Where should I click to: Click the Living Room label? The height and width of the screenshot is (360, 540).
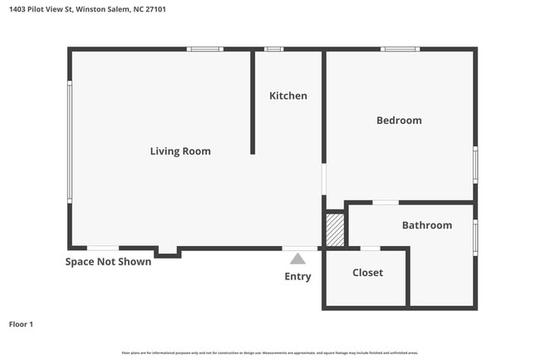click(x=180, y=151)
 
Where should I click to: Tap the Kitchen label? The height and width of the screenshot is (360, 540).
click(x=288, y=96)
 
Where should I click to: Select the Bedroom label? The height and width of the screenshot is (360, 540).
click(x=399, y=121)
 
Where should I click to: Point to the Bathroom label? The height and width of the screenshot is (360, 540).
click(x=427, y=225)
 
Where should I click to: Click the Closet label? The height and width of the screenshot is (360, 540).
click(x=367, y=273)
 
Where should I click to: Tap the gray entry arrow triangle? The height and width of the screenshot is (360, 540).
click(x=297, y=259)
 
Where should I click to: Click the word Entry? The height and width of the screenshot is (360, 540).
click(x=297, y=277)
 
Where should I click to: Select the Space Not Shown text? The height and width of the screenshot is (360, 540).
click(x=108, y=262)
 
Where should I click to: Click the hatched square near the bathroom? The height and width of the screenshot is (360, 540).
click(x=334, y=230)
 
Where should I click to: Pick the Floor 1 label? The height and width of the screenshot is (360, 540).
click(x=21, y=324)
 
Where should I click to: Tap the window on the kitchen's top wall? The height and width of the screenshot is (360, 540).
click(x=273, y=49)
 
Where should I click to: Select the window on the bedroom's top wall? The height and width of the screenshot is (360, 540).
click(x=400, y=49)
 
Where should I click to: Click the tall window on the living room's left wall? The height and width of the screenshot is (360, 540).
click(x=70, y=141)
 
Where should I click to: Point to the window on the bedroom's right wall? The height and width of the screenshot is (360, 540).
click(x=475, y=164)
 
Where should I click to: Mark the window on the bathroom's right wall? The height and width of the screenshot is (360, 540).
click(x=475, y=237)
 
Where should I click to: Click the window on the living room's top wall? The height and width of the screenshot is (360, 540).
click(x=204, y=49)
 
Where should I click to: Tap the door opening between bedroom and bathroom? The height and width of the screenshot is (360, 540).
click(x=385, y=202)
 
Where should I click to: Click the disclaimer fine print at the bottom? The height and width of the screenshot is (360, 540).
click(x=270, y=353)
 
